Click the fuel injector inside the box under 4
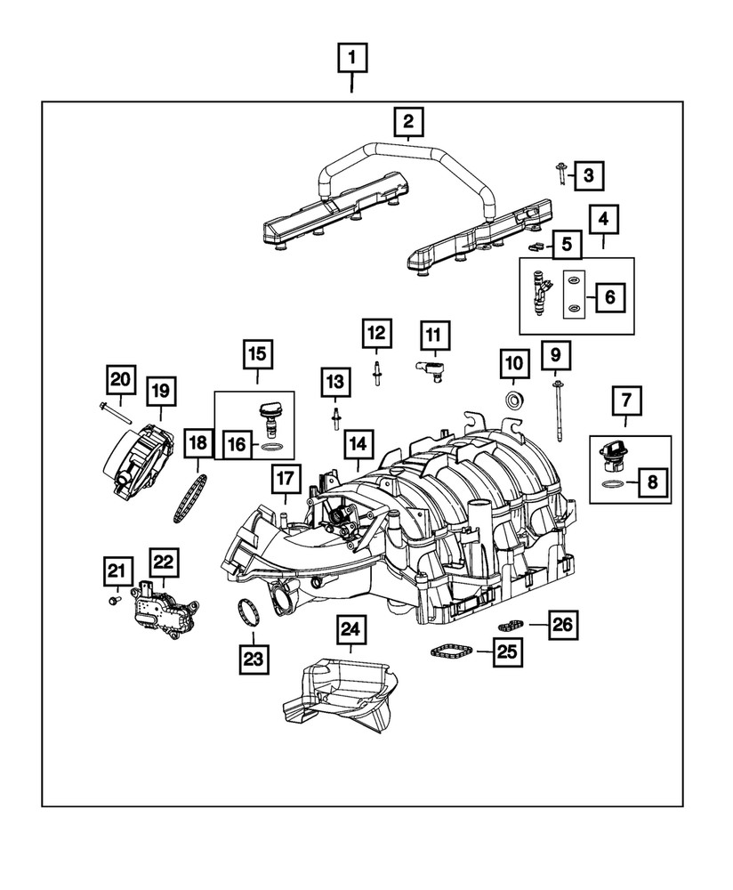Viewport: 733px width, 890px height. click(543, 293)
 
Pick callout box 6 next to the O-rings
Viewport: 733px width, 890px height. click(610, 296)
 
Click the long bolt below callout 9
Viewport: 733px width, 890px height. click(558, 411)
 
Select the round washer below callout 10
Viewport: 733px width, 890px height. click(514, 400)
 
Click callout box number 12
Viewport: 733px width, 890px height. click(376, 334)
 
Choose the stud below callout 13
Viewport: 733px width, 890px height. click(337, 419)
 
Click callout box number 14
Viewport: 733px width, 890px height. click(358, 442)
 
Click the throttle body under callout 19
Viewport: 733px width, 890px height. click(134, 455)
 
